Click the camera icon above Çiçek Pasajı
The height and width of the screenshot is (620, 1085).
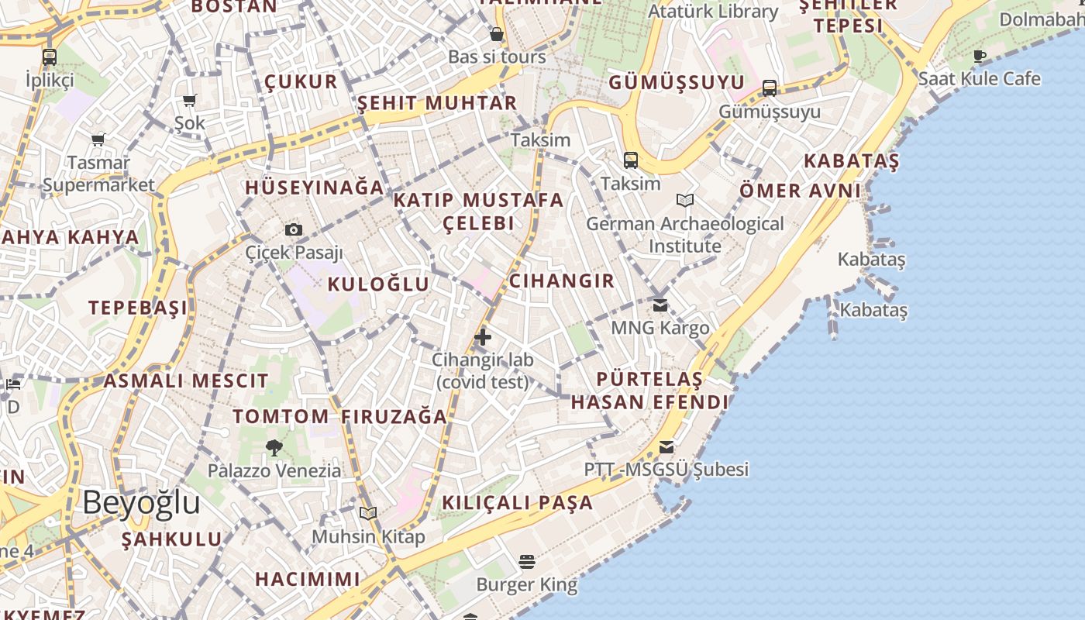(294, 229)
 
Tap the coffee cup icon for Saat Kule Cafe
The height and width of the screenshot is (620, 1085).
(980, 56)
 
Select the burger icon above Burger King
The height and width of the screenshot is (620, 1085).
(527, 561)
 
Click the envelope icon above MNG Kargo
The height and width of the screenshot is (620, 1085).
(660, 305)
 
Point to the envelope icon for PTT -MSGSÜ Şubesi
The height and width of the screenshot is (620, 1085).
(666, 447)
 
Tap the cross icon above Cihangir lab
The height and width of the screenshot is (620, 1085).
(483, 337)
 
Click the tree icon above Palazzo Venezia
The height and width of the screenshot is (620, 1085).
(274, 447)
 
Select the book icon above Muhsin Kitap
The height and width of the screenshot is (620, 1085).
(368, 513)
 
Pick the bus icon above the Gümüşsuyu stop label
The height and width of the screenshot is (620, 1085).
(769, 88)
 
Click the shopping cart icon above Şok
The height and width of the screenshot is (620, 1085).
(190, 100)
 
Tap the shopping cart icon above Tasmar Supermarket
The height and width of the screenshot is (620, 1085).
(98, 140)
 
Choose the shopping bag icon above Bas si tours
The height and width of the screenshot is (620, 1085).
(497, 34)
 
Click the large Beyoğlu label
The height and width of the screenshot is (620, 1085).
(142, 502)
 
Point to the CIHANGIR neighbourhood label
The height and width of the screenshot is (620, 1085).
(562, 281)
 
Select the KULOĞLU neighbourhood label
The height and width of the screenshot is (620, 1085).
(378, 284)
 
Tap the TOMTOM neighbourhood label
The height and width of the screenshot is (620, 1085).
(281, 416)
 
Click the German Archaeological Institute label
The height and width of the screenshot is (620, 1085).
(685, 235)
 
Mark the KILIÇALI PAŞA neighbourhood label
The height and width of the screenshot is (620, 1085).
(518, 502)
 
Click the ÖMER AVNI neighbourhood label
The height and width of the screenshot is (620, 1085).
(800, 191)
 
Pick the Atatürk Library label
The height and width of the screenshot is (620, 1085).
(713, 12)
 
